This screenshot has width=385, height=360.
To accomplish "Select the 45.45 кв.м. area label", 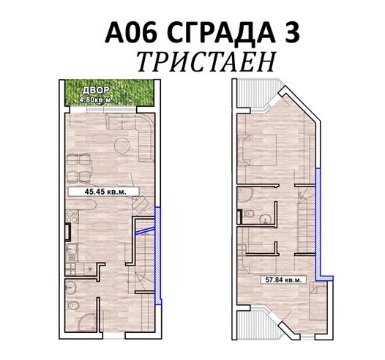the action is click(104, 192).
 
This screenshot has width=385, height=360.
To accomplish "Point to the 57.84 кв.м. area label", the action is click(283, 280).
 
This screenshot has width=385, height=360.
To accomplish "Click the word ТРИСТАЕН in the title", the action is click(206, 61).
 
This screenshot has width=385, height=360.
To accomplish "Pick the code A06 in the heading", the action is click(131, 32).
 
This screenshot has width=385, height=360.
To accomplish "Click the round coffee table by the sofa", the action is click(122, 146).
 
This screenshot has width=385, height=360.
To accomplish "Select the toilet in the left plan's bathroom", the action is click(73, 306).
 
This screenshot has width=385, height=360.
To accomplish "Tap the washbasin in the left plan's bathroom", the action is click(71, 287).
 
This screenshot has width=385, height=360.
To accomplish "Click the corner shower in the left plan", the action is click(87, 323).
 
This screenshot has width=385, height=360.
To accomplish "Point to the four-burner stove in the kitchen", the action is click(72, 216).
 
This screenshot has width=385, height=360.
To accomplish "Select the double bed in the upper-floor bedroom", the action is click(258, 150).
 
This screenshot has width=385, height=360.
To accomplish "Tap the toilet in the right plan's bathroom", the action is click(248, 214).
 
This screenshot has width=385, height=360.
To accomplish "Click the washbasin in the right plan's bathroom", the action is click(265, 219).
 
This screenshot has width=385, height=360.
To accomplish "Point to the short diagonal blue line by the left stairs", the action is click(145, 230).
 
